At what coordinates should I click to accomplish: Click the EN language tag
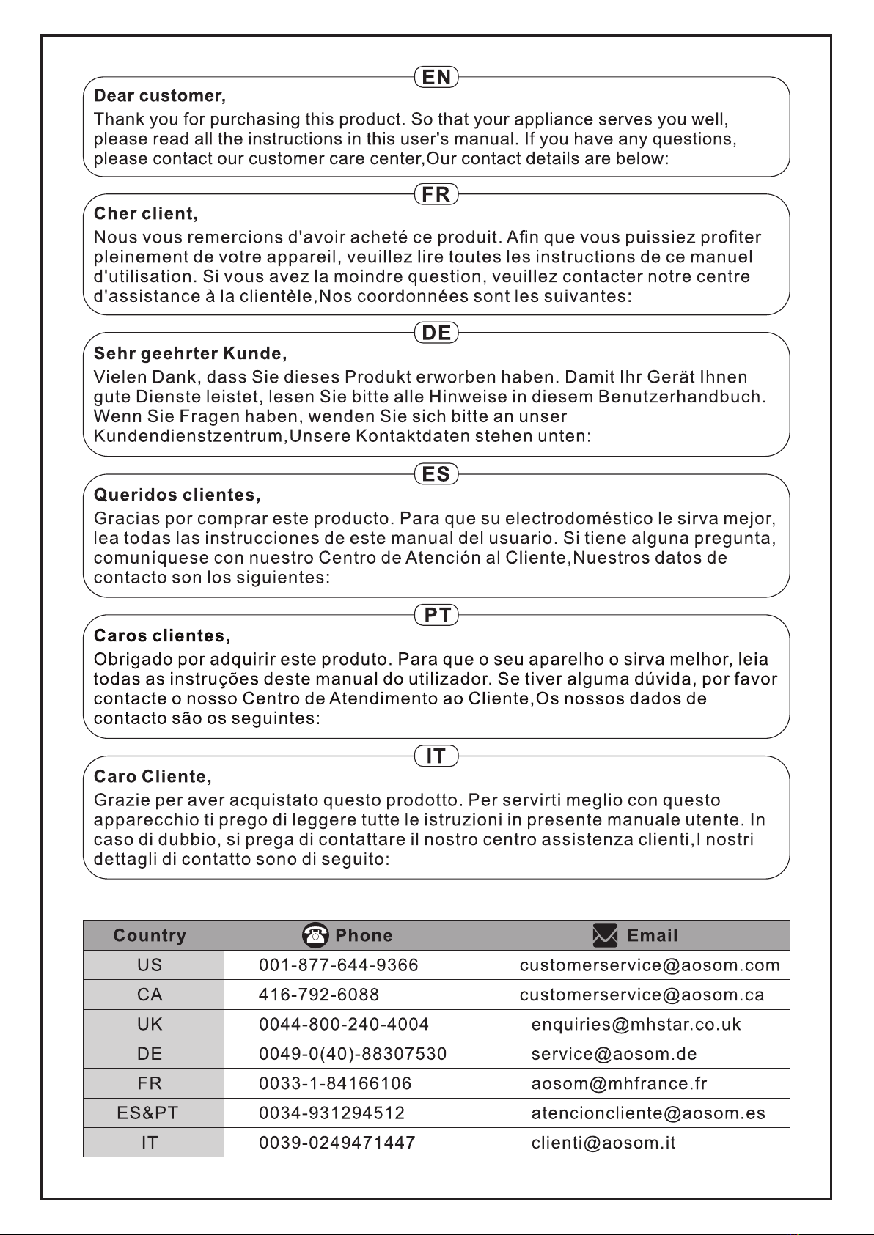coord(436,77)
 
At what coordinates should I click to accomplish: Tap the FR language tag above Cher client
coord(436,194)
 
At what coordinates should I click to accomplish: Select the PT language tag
coord(436,615)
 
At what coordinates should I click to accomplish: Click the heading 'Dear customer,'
coord(160,96)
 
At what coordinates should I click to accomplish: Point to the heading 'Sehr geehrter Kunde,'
coord(190,354)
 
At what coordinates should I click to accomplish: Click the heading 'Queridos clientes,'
coord(177,495)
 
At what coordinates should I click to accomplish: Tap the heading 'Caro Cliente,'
coord(153,776)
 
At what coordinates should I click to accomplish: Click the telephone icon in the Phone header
coord(315,935)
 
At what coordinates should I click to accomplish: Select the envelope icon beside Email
coord(605,935)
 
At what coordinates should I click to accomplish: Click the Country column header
coord(150,935)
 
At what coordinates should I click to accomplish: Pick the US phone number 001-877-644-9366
coord(339,965)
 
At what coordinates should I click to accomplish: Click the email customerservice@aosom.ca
coord(642,995)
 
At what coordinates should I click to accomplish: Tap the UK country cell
coord(150,1024)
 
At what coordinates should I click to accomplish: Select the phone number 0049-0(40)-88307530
coord(353,1054)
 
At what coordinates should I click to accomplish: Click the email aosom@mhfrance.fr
coord(619,1083)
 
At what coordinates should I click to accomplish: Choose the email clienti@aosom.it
coord(603,1143)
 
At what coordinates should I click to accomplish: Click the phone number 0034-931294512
coord(331,1113)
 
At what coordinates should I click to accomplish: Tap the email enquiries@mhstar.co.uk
coord(636,1024)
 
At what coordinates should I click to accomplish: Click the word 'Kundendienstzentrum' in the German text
coord(188,436)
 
